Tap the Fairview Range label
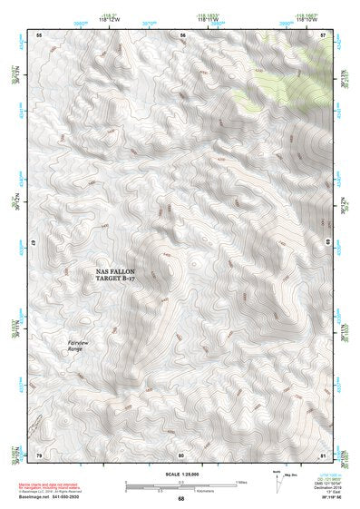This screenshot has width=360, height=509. (81, 345)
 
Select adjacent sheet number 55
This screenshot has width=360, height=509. (39, 34)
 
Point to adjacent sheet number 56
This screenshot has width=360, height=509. (182, 34)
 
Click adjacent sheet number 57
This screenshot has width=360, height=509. (324, 34)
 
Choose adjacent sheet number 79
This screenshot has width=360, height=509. (39, 455)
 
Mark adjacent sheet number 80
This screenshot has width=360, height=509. (181, 455)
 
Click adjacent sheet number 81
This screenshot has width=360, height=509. (324, 455)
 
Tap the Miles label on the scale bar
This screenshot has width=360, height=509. (239, 482)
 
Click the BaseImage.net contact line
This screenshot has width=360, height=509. (54, 497)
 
